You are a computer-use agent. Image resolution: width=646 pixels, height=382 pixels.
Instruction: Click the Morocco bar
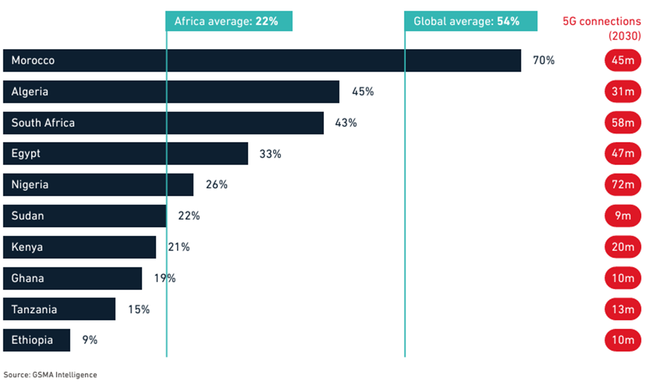tap(262, 60)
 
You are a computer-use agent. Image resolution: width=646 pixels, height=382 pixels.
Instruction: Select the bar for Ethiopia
tap(36, 340)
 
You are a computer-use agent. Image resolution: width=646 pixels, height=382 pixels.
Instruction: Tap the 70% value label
tap(543, 60)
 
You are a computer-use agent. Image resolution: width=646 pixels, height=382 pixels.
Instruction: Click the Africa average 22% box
tap(229, 21)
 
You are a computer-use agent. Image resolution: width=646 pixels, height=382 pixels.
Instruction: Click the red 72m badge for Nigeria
tap(623, 185)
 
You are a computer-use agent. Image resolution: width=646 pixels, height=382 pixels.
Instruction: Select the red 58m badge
tap(623, 123)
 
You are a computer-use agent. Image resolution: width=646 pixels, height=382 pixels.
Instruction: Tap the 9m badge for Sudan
tap(623, 216)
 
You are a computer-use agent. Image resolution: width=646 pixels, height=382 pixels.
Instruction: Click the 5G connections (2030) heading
tap(602, 29)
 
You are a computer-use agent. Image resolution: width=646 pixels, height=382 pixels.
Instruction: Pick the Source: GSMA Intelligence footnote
tap(50, 375)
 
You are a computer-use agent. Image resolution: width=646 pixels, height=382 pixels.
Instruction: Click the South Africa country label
tap(43, 123)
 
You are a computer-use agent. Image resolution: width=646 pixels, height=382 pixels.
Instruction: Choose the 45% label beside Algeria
tap(362, 92)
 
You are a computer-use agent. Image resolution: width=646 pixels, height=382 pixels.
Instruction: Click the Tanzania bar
tap(59, 309)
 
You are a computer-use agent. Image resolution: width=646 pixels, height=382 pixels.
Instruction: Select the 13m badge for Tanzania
tap(623, 309)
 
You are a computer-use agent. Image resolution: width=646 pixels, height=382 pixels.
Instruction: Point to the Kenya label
tap(28, 247)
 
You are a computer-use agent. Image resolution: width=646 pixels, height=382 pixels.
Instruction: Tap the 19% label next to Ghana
tap(165, 278)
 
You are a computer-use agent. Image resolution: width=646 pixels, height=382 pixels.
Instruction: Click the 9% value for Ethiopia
tap(89, 340)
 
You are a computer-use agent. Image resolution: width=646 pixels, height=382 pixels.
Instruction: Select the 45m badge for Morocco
tap(623, 60)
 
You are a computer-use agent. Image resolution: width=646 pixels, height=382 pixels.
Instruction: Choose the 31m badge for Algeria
tap(623, 92)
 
